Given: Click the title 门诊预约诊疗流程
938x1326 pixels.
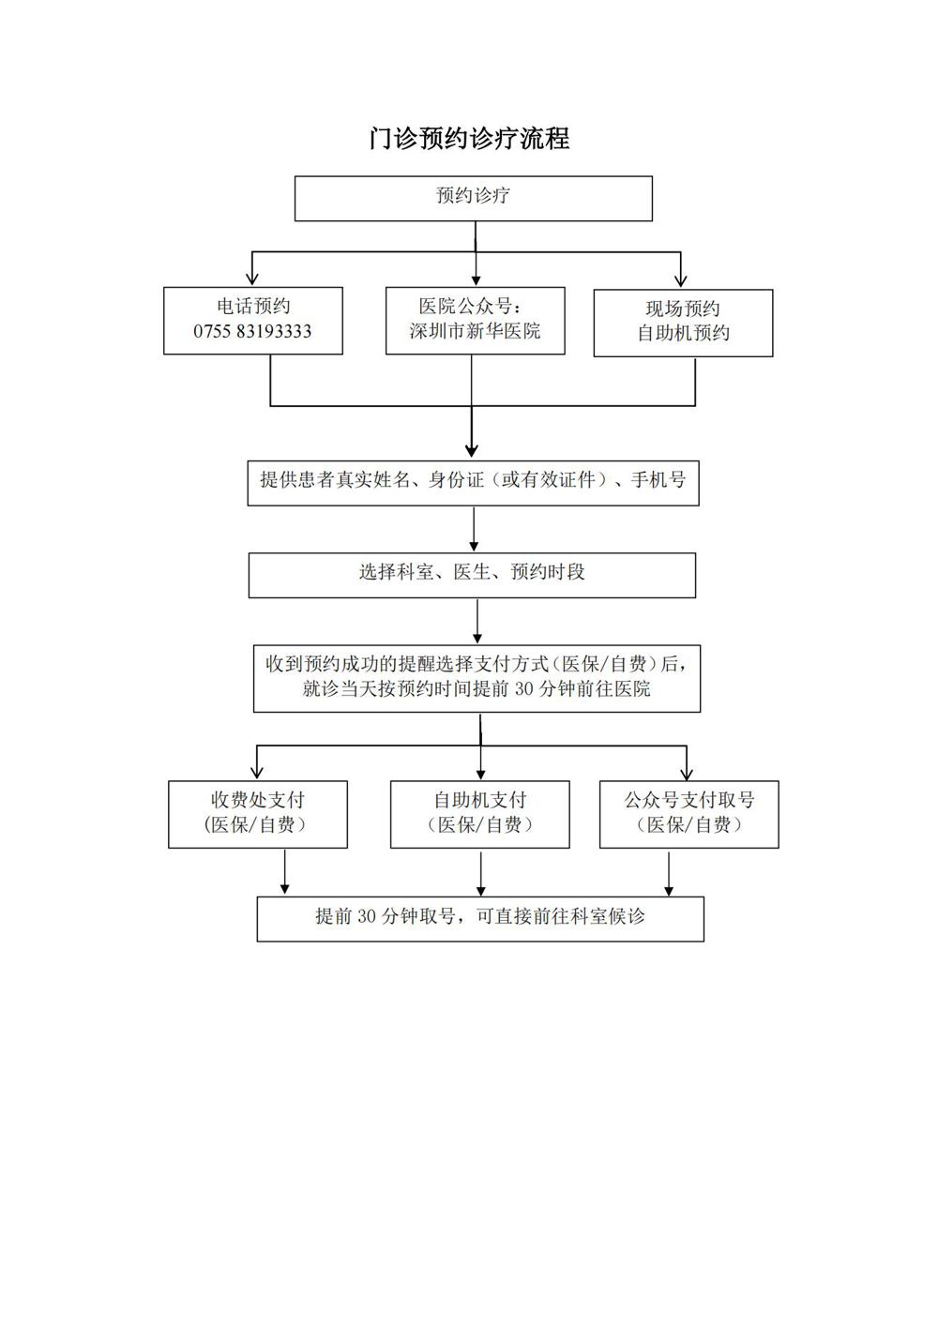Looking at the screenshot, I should pos(469,139).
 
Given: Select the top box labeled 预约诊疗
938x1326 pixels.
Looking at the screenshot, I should pos(473,198).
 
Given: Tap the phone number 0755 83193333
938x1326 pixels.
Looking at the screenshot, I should pos(252,332).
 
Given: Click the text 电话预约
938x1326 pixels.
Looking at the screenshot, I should pos(253,307).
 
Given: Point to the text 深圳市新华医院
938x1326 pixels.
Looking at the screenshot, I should pos(475,331).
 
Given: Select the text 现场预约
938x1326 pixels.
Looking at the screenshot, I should pos(682,309).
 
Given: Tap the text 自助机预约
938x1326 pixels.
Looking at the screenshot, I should pos(683,333).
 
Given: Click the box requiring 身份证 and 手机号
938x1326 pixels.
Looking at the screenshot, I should pos(473,482).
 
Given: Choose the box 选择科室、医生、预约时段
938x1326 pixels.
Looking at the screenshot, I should pos(472,574).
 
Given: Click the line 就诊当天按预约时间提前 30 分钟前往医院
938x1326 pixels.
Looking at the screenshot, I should pos(477,689).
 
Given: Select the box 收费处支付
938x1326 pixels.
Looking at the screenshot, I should pos(257,814).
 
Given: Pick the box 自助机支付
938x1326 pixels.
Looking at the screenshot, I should pos(479,814).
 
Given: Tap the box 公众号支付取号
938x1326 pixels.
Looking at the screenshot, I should pos(688,814).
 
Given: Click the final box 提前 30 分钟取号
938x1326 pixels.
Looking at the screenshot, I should pos(480,918).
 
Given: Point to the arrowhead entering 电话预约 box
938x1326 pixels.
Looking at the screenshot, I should pos(251,279).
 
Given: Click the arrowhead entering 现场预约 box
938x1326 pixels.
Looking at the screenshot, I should pos(682,280).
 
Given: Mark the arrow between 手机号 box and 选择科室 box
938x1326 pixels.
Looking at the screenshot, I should pos(474,530).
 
